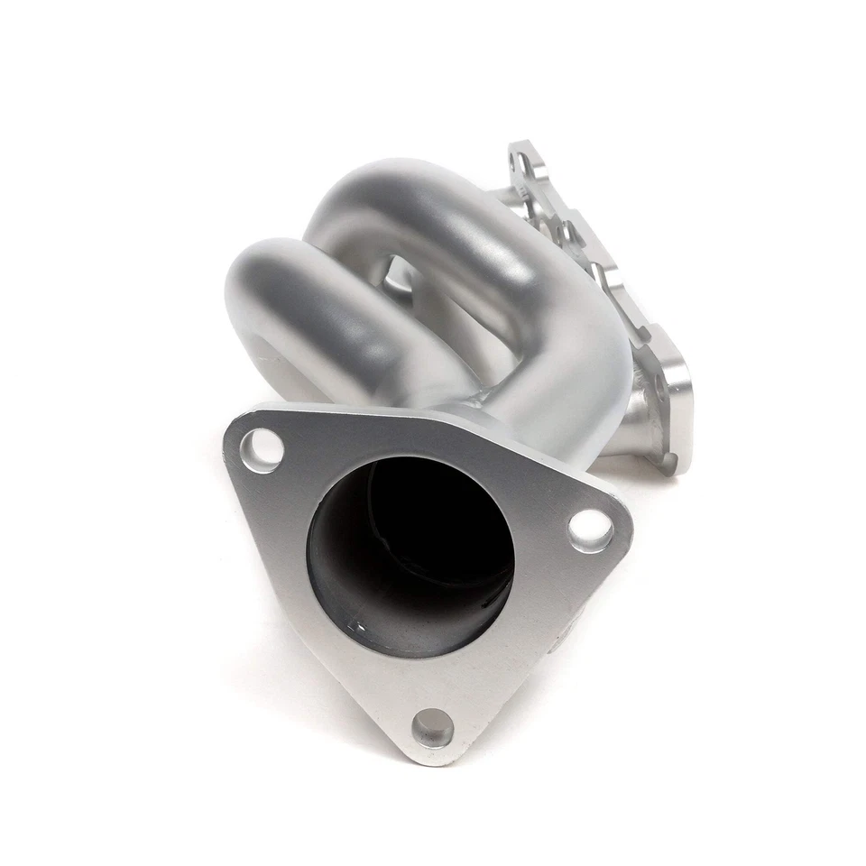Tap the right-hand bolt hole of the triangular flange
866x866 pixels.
click(x=590, y=530)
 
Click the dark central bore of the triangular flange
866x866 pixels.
click(x=410, y=550)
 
